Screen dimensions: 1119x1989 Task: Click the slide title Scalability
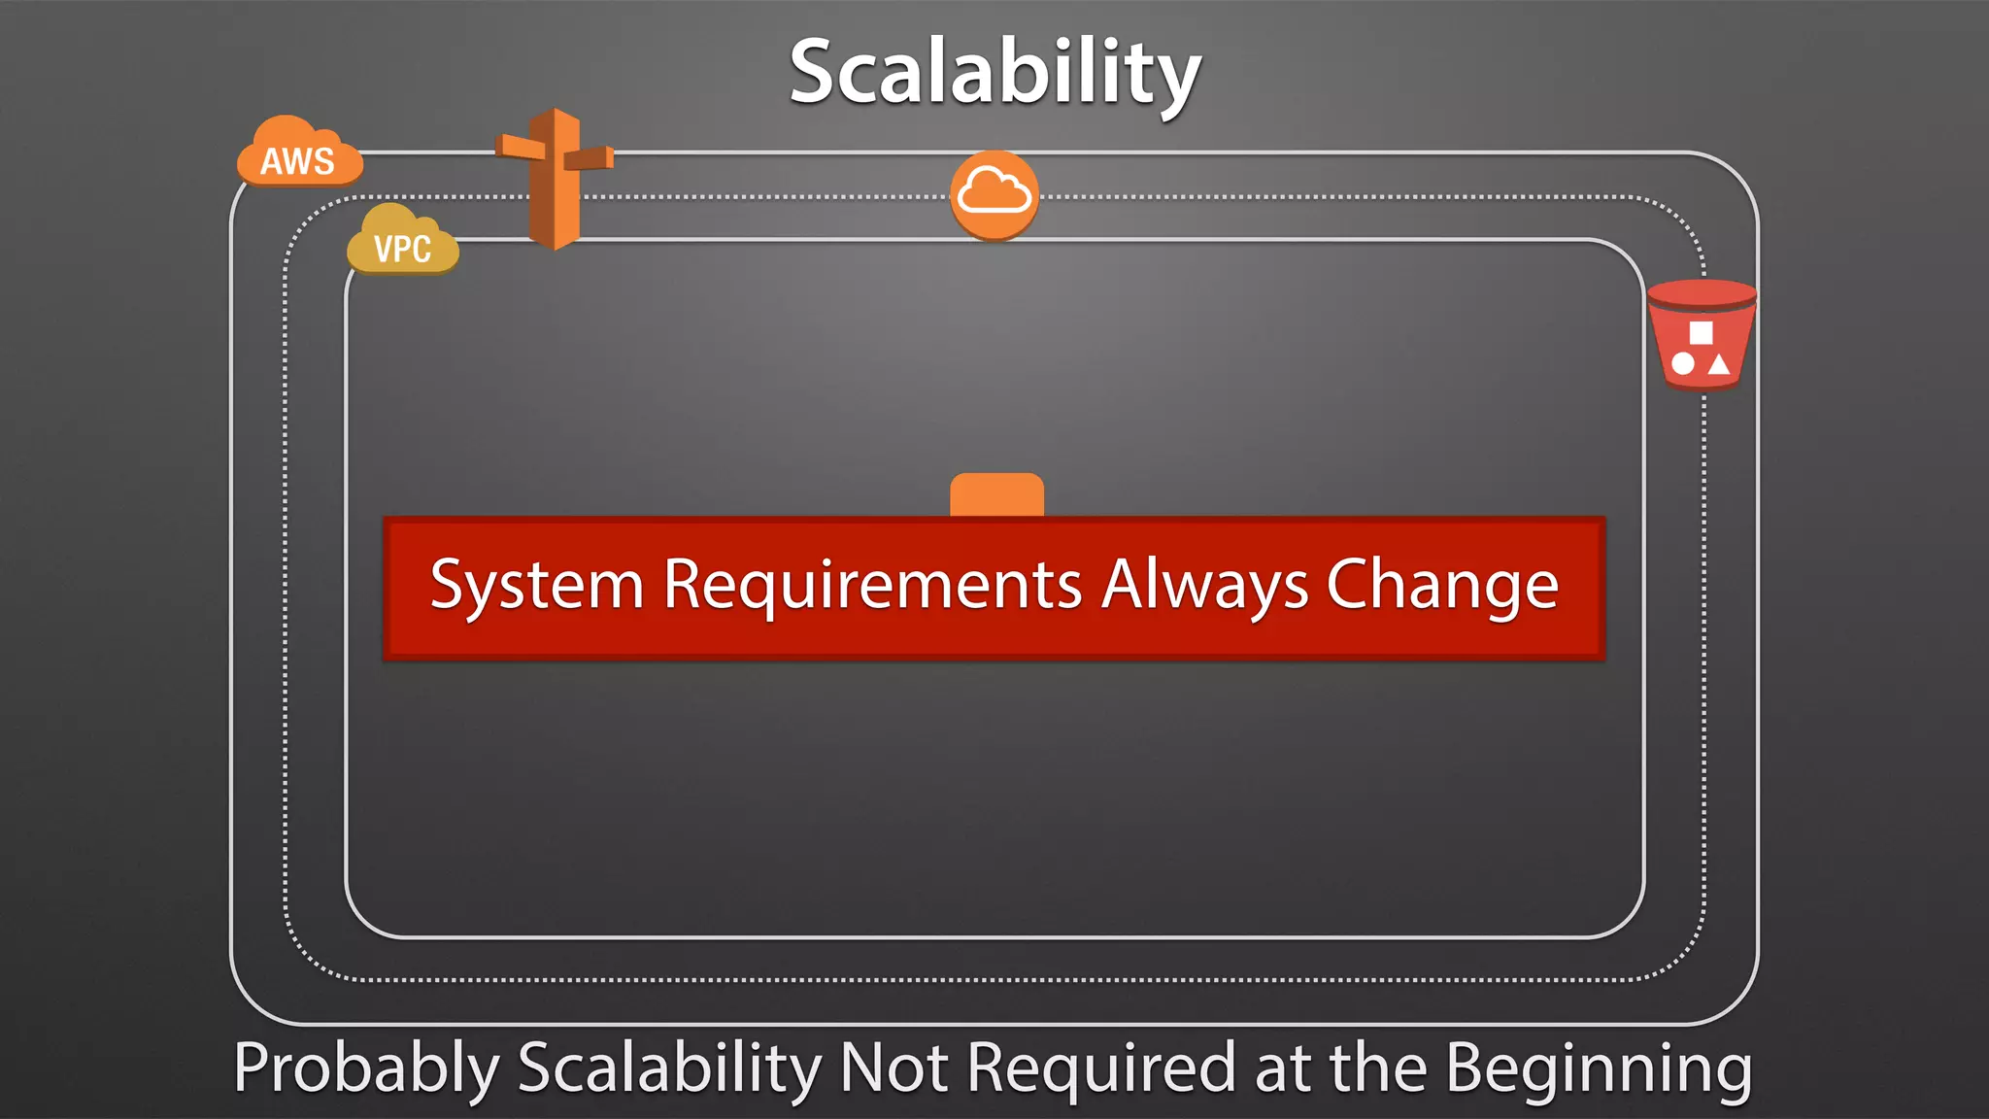pyautogui.click(x=994, y=72)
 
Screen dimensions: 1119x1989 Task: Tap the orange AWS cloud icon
pyautogui.click(x=299, y=153)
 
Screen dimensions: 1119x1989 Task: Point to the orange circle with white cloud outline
pyautogui.click(x=994, y=194)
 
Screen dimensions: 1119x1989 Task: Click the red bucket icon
pyautogui.click(x=1702, y=334)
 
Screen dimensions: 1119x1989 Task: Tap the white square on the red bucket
pyautogui.click(x=1701, y=333)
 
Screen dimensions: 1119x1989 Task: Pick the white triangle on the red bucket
pyautogui.click(x=1719, y=364)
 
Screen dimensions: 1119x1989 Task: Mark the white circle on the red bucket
pyautogui.click(x=1683, y=364)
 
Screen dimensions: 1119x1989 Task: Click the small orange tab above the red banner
pyautogui.click(x=996, y=494)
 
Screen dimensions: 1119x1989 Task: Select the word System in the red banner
pyautogui.click(x=537, y=587)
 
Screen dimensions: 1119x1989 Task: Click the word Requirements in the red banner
pyautogui.click(x=872, y=586)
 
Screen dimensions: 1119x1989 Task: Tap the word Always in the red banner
pyautogui.click(x=1204, y=587)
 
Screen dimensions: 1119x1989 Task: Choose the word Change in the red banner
pyautogui.click(x=1442, y=587)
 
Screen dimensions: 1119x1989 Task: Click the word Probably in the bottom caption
pyautogui.click(x=366, y=1069)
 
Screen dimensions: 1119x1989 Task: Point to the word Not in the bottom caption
pyautogui.click(x=893, y=1068)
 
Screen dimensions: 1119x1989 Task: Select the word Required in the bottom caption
pyautogui.click(x=1101, y=1069)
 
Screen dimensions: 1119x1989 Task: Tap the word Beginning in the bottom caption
pyautogui.click(x=1599, y=1069)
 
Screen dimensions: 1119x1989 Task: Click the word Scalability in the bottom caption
pyautogui.click(x=669, y=1069)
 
